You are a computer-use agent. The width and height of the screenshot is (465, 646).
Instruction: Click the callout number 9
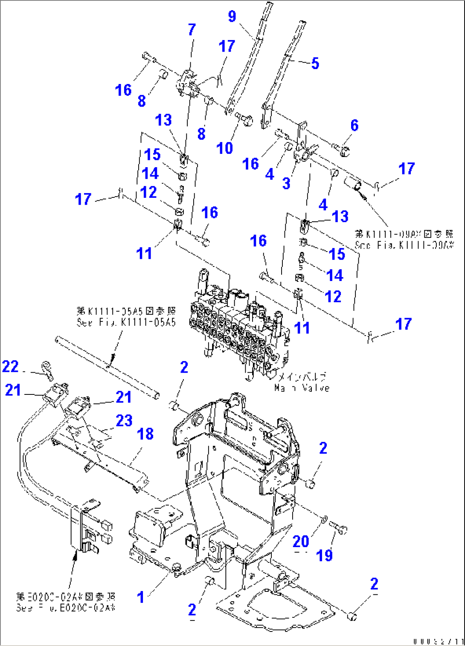click(x=232, y=17)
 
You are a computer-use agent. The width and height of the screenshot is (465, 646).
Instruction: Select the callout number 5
click(x=315, y=64)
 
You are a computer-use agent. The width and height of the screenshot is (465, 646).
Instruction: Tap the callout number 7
click(x=192, y=29)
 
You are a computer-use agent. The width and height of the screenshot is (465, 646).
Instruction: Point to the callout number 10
click(x=225, y=148)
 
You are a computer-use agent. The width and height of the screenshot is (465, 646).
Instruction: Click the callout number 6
click(x=355, y=125)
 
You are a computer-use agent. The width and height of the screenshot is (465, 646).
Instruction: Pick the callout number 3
click(x=286, y=183)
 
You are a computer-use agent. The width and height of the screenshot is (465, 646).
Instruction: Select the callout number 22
click(x=10, y=366)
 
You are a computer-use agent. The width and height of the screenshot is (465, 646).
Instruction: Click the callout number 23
click(x=124, y=420)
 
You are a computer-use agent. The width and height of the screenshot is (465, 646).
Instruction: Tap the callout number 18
click(x=145, y=434)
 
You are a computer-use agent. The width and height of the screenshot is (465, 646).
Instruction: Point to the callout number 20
click(x=301, y=542)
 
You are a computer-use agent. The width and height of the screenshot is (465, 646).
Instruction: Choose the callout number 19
click(x=324, y=555)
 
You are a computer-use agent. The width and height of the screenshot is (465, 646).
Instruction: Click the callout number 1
click(x=140, y=597)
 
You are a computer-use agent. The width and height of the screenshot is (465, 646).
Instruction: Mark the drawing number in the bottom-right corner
click(x=438, y=641)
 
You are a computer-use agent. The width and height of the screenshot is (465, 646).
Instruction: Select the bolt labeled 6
click(x=342, y=149)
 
